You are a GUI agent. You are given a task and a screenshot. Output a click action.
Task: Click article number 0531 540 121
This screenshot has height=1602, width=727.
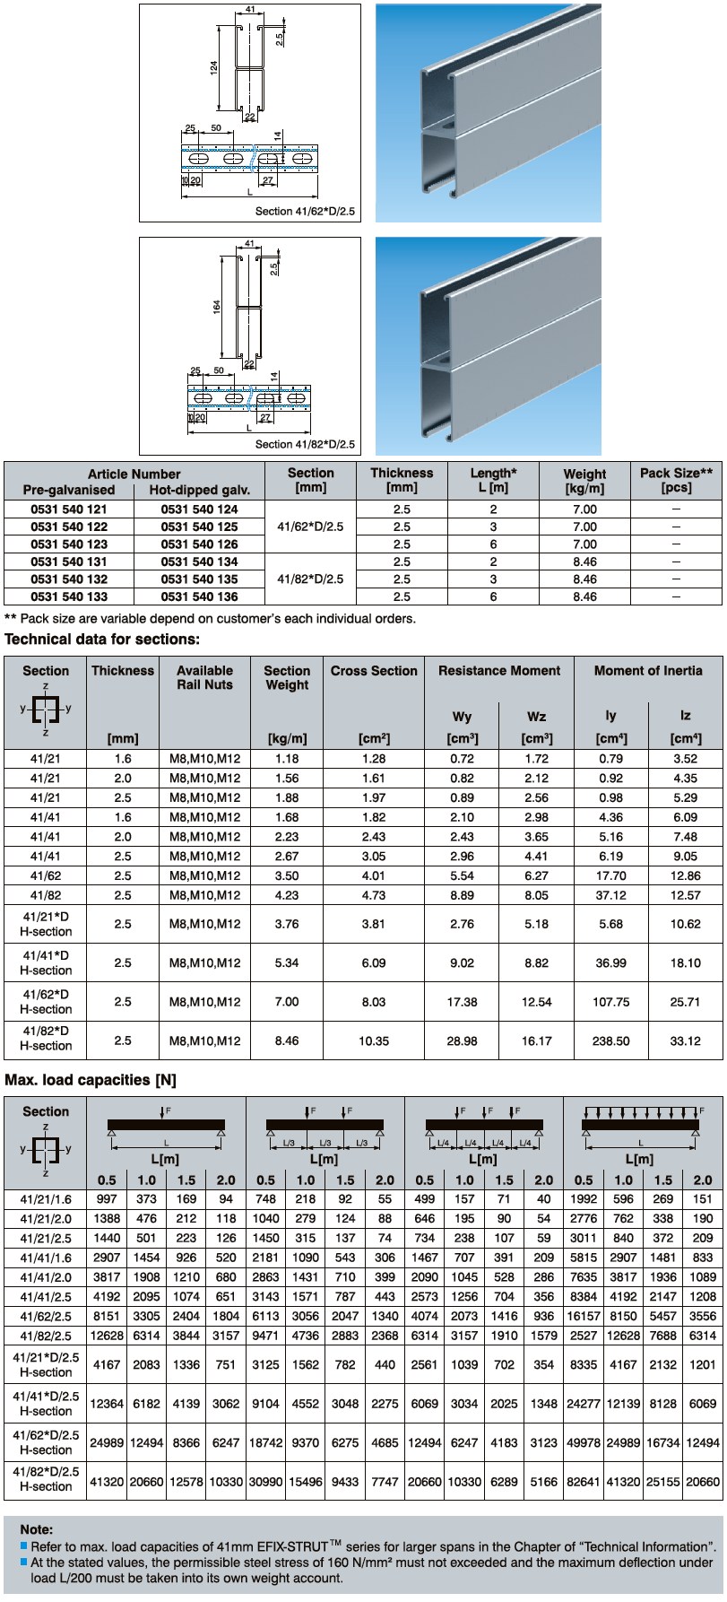(68, 509)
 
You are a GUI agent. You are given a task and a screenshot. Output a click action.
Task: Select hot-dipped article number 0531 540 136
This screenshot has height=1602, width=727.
(199, 596)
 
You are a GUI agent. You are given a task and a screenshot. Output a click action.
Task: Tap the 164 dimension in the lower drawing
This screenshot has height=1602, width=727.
(217, 307)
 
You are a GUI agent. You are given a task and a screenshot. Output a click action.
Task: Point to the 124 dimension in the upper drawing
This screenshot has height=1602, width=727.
(214, 68)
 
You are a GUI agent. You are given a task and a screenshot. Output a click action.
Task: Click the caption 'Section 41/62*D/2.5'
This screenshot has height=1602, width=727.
(305, 212)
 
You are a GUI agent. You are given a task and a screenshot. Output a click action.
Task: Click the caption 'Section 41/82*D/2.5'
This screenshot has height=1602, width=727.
(305, 444)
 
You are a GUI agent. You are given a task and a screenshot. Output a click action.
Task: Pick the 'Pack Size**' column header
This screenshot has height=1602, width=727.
(676, 480)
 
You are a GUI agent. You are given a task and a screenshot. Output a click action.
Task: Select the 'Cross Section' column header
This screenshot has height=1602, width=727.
(374, 671)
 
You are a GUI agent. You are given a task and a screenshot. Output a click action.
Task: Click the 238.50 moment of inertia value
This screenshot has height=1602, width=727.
(610, 1041)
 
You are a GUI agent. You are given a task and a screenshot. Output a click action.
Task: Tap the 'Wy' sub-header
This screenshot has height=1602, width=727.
(462, 717)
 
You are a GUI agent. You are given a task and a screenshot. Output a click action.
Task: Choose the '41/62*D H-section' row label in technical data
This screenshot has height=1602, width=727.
(46, 1002)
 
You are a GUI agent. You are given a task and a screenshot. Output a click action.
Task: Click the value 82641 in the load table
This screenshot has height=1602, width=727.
(584, 1483)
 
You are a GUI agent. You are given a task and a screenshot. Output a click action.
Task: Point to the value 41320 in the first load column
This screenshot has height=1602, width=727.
(107, 1483)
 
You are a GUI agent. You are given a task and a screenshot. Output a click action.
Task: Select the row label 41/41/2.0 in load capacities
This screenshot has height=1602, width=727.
(46, 1277)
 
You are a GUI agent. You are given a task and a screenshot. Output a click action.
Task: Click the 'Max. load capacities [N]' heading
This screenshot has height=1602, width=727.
(91, 1081)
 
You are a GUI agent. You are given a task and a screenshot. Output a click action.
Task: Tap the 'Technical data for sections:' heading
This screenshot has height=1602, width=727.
(102, 640)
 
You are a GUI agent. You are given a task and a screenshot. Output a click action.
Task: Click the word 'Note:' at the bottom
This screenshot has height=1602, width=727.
(37, 1529)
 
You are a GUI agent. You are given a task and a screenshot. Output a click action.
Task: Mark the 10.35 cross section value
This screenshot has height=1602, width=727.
(374, 1041)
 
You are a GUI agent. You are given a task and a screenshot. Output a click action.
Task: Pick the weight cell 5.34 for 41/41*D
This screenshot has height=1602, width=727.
(287, 963)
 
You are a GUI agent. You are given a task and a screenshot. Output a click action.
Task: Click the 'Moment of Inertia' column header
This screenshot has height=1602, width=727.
(648, 671)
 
